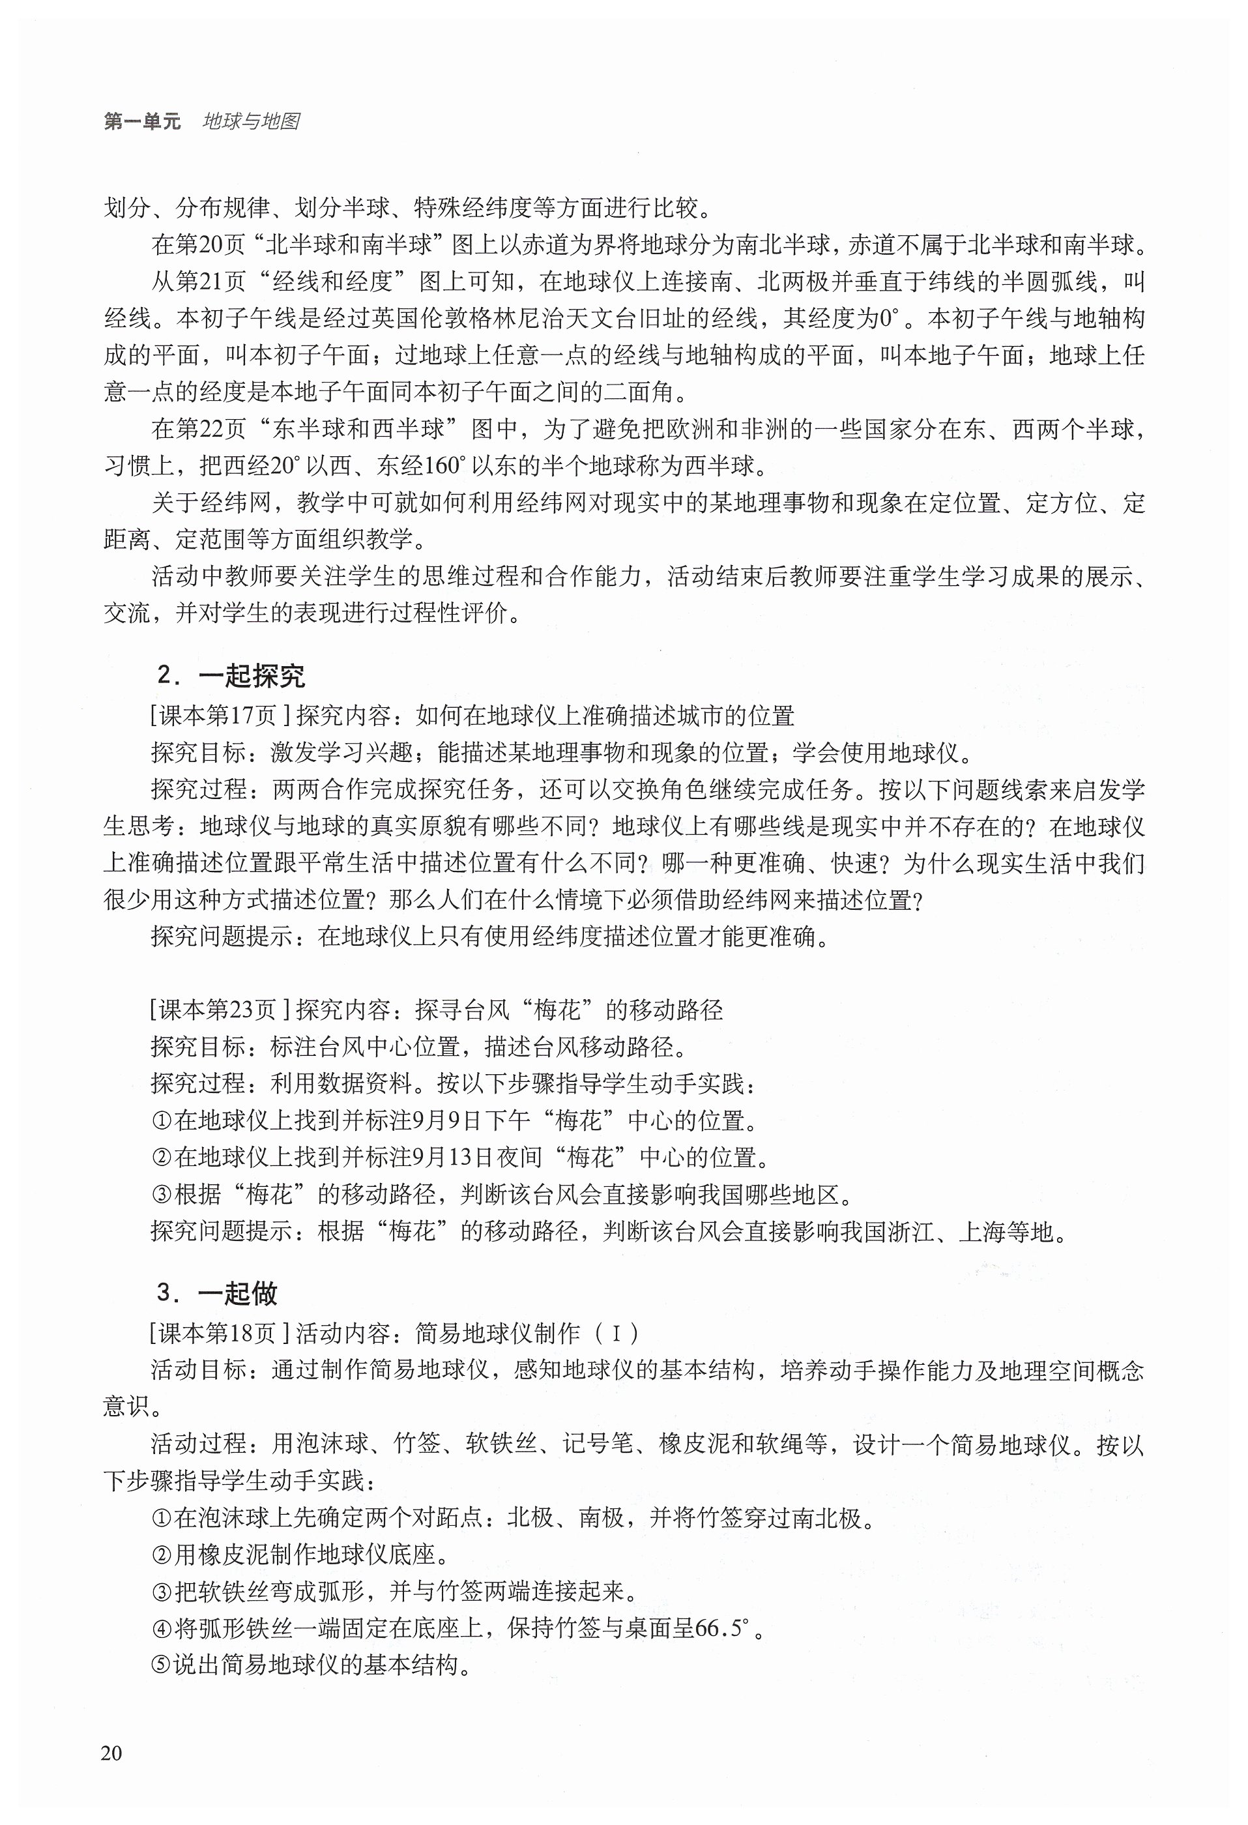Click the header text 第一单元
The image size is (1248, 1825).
click(142, 122)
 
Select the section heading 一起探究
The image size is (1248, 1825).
click(252, 675)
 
